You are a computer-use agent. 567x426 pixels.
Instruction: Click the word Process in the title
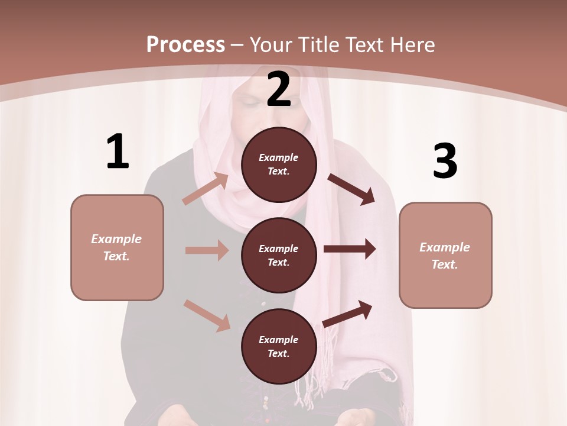185,44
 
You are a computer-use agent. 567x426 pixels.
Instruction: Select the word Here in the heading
411,44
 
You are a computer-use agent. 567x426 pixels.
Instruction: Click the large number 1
118,152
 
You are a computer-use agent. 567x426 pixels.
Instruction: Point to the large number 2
279,89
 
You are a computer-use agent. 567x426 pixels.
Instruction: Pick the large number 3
445,161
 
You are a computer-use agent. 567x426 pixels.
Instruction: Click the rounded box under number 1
117,247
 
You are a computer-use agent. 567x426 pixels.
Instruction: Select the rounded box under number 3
445,255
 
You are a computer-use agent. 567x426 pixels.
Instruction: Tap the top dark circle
279,164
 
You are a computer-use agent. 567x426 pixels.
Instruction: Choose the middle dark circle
279,255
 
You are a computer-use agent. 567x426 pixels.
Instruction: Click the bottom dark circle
279,346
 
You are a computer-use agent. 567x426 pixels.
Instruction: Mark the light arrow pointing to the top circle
206,189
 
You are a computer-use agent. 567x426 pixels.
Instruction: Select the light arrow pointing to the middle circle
207,250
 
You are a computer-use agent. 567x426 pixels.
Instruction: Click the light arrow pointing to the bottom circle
207,315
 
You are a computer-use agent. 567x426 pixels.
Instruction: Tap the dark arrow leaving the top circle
351,189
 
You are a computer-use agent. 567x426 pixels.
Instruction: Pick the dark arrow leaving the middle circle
350,249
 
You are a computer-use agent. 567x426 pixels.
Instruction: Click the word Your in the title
269,44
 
